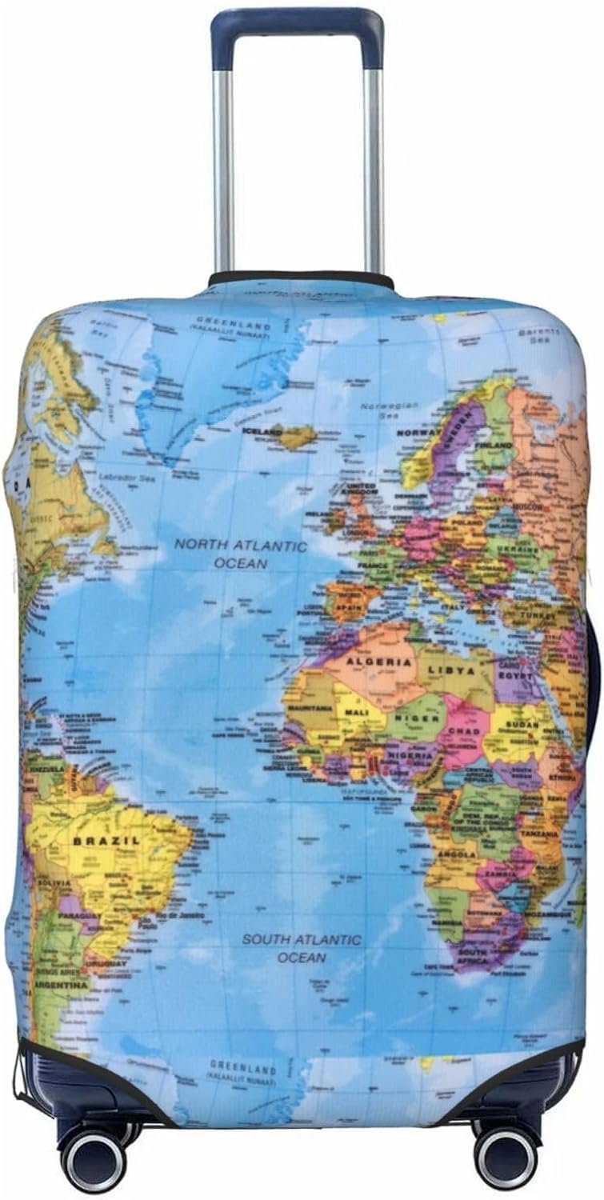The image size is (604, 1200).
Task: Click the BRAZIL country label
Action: coord(106,841)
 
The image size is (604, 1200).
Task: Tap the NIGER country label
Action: coord(416,718)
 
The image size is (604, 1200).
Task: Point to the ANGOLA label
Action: coord(457,854)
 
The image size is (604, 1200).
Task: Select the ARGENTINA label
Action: coord(60,986)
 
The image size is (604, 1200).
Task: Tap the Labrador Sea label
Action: coord(125,477)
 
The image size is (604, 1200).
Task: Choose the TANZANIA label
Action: coord(540,833)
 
